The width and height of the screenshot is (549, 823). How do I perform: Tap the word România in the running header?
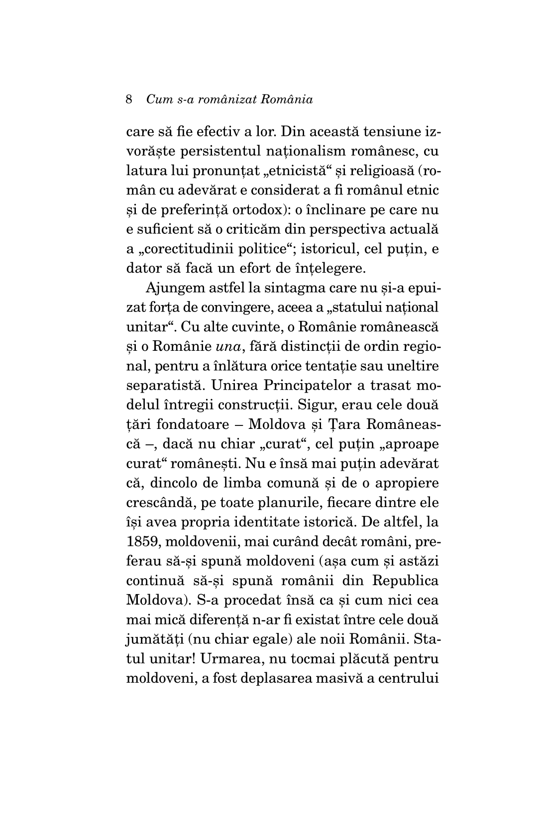pyautogui.click(x=287, y=100)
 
